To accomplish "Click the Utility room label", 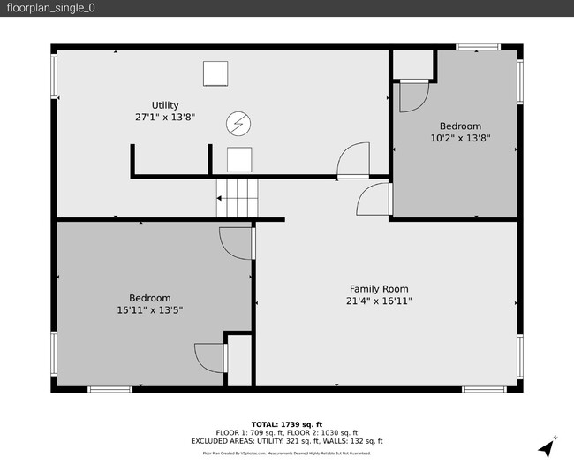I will click(164, 105).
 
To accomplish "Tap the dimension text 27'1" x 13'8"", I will click(164, 117).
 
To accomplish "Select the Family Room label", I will click(379, 289).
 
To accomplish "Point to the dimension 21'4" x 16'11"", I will click(379, 301).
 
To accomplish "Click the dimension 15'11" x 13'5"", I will click(149, 310).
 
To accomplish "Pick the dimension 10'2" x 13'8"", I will click(460, 138).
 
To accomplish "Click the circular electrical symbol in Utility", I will click(238, 125).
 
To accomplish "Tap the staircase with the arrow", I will click(236, 198).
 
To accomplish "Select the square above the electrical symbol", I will click(215, 73).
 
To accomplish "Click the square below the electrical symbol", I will click(239, 159).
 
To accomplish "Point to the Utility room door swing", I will click(353, 160).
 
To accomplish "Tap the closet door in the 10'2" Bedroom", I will click(412, 95).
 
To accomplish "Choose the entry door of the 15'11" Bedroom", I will click(237, 242).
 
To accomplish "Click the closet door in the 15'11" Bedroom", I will click(211, 357).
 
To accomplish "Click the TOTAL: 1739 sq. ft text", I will click(286, 423).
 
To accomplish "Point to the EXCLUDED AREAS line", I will click(286, 440).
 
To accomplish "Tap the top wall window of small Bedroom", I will click(477, 47).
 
